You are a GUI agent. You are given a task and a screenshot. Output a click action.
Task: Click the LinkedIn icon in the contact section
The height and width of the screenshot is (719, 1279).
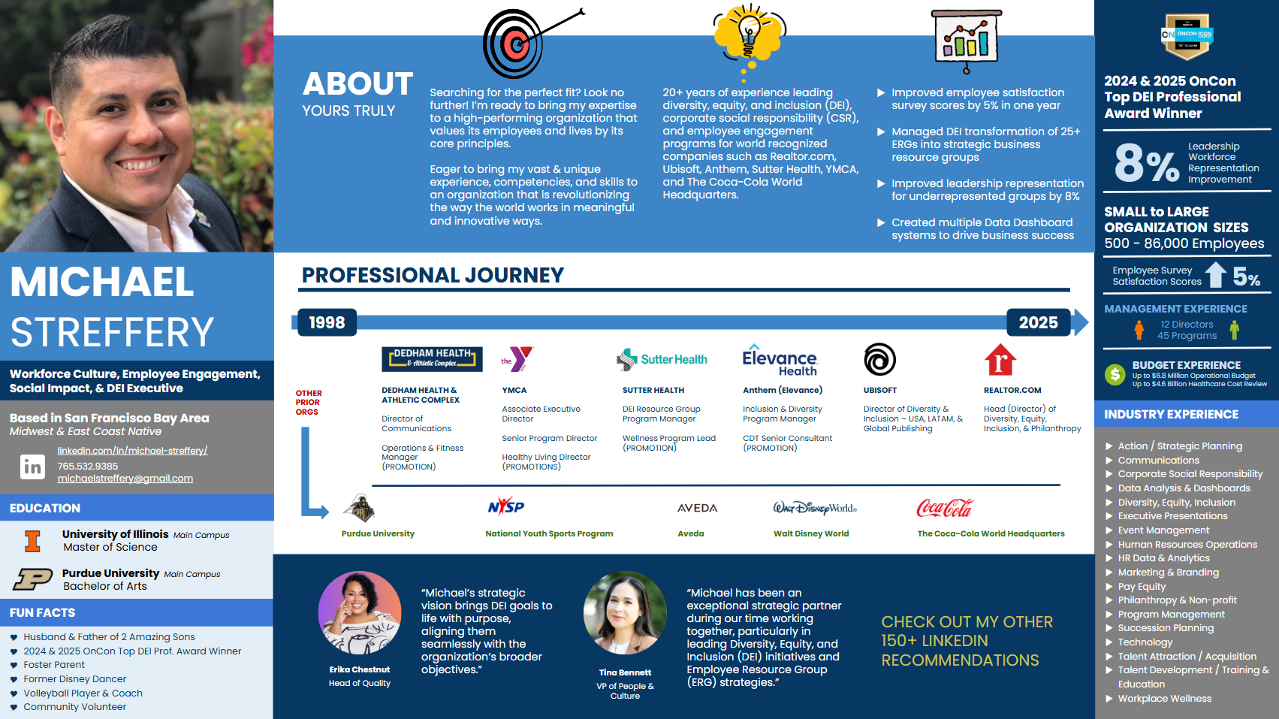pyautogui.click(x=32, y=467)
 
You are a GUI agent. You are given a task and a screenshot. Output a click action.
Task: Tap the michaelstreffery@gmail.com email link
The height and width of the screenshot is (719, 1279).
pyautogui.click(x=125, y=479)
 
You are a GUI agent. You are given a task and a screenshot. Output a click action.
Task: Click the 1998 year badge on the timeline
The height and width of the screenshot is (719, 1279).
pyautogui.click(x=327, y=322)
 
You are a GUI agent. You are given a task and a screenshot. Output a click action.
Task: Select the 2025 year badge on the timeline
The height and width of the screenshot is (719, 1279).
pyautogui.click(x=1038, y=322)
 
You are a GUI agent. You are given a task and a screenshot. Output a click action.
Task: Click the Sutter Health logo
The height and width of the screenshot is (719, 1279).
pyautogui.click(x=662, y=359)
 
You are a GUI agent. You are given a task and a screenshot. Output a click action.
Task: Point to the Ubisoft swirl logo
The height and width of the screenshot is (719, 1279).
pyautogui.click(x=880, y=359)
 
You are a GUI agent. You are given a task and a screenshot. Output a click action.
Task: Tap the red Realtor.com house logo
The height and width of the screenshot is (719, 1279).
pyautogui.click(x=1000, y=360)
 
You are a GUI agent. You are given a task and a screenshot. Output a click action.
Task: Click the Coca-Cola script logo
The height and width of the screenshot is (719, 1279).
pyautogui.click(x=945, y=508)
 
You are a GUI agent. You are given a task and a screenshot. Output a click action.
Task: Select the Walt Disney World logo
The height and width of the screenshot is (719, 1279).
pyautogui.click(x=815, y=508)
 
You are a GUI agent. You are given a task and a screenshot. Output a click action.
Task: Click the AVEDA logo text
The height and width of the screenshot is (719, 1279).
pyautogui.click(x=697, y=508)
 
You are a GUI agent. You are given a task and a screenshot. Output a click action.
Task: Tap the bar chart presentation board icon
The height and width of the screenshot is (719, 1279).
pyautogui.click(x=966, y=40)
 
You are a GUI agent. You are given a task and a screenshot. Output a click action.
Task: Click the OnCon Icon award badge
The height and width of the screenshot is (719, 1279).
pyautogui.click(x=1187, y=36)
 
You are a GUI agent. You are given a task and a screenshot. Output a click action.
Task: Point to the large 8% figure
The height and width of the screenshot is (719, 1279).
pyautogui.click(x=1147, y=163)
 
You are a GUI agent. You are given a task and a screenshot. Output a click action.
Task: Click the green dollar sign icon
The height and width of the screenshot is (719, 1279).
pyautogui.click(x=1115, y=375)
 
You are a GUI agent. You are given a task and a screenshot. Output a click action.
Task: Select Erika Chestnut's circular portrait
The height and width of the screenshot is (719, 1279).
pyautogui.click(x=360, y=613)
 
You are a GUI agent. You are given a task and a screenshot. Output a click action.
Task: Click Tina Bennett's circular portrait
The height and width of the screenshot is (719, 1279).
pyautogui.click(x=625, y=613)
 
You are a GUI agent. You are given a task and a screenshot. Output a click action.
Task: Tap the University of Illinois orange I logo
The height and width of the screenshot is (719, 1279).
pyautogui.click(x=32, y=541)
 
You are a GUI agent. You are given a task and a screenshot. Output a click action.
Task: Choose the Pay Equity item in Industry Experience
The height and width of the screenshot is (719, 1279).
pyautogui.click(x=1142, y=587)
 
